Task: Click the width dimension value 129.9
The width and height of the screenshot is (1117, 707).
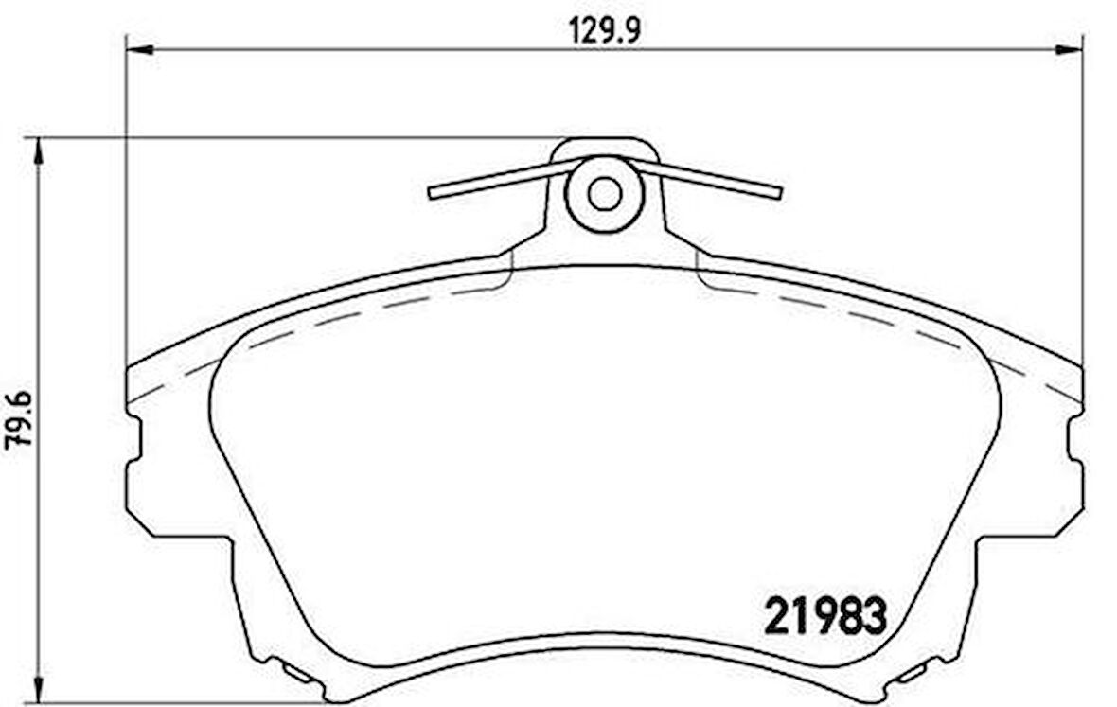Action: coord(605,30)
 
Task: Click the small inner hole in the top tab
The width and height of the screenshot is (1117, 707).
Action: coord(604,194)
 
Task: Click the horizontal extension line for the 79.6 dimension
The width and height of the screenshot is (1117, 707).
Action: coord(284,137)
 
